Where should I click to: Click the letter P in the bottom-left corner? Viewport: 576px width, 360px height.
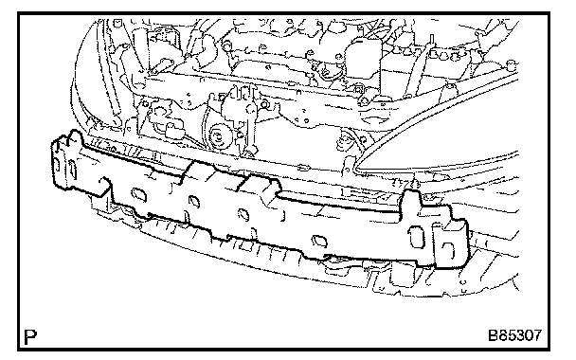click(30, 337)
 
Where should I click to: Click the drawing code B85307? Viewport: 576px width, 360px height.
click(514, 335)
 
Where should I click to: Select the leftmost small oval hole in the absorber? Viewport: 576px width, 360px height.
click(139, 194)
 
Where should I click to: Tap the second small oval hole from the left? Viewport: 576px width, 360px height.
click(194, 201)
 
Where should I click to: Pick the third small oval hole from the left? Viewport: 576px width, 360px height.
click(243, 214)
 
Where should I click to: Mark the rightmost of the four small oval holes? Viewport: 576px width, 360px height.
click(319, 241)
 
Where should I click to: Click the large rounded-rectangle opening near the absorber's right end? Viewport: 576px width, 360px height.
click(417, 237)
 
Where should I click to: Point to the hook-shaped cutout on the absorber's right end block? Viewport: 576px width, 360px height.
click(449, 251)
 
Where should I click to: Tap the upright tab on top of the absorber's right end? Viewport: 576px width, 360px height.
click(411, 200)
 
